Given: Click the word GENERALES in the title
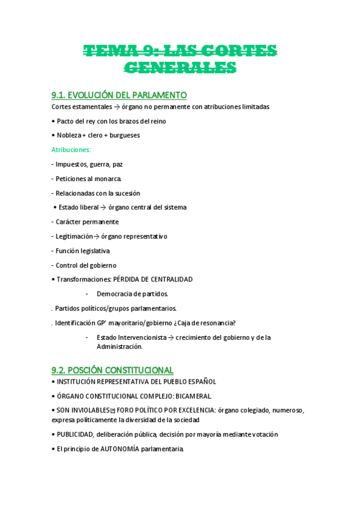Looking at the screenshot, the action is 180,67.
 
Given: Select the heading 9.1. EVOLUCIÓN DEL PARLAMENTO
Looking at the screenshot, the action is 120,95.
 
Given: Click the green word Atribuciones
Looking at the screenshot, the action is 71,150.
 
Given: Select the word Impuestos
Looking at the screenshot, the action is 72,164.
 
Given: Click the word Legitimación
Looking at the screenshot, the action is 75,236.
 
